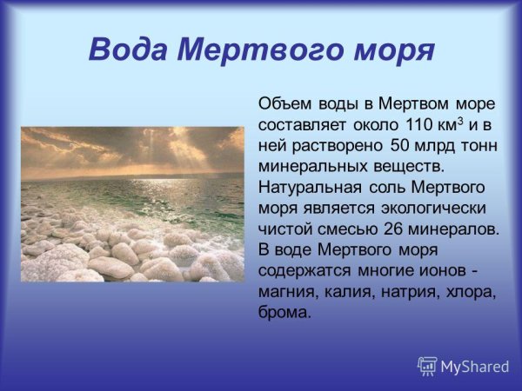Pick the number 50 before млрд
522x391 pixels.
click(405, 146)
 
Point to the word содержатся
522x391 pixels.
click(304, 271)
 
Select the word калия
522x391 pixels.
click(348, 292)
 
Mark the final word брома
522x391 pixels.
click(284, 313)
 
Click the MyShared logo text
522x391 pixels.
click(473, 367)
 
